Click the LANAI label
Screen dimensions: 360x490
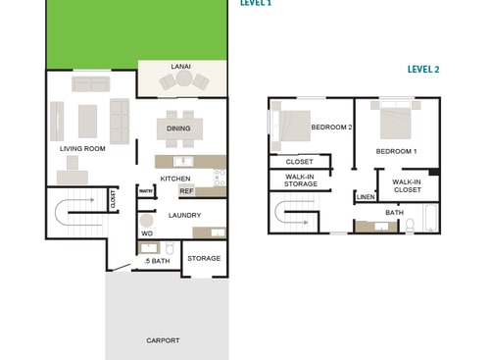[x=180, y=67]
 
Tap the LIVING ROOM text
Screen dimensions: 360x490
[x=82, y=149]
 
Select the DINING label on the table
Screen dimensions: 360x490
[x=178, y=129]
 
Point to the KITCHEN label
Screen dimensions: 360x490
[x=175, y=179]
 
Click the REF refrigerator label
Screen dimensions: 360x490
[x=186, y=191]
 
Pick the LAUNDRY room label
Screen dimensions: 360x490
[x=184, y=216]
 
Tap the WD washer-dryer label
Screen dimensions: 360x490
[x=147, y=233]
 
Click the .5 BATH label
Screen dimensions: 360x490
[x=157, y=261]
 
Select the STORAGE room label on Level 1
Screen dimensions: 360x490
[x=204, y=259]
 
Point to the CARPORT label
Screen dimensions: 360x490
[x=163, y=340]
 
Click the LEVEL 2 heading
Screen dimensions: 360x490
[x=423, y=71]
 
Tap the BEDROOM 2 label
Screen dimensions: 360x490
[x=331, y=128]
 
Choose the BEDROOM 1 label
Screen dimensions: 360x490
[x=397, y=151]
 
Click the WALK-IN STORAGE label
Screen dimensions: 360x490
[x=301, y=180]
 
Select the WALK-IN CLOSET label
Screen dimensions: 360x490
[x=407, y=185]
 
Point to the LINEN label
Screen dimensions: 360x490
[x=366, y=197]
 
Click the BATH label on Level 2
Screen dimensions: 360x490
[x=394, y=213]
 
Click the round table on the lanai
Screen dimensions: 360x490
[x=183, y=82]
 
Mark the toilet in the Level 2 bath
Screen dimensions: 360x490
[x=412, y=226]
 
